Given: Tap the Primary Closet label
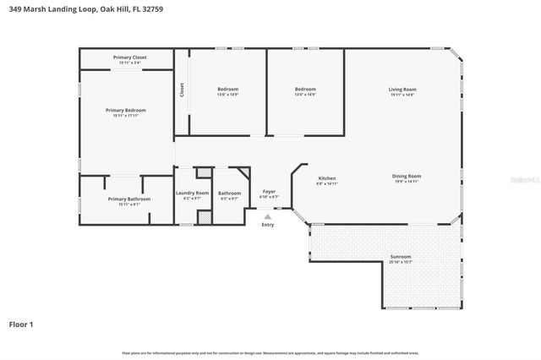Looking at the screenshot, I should click(x=129, y=57).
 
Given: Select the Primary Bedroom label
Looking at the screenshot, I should click(x=126, y=111).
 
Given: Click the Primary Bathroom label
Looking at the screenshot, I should click(x=129, y=199).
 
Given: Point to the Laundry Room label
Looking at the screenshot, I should click(x=192, y=194).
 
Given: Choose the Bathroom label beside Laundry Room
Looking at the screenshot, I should click(x=229, y=194).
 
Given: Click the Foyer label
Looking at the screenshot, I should click(x=269, y=192).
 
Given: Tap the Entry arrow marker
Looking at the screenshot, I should click(x=268, y=216).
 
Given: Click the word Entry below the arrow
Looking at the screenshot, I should click(x=268, y=225).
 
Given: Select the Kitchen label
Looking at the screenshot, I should click(x=327, y=178).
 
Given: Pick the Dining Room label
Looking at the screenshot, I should click(x=407, y=177).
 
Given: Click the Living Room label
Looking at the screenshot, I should click(x=402, y=90).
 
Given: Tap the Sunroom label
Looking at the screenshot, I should click(x=401, y=257).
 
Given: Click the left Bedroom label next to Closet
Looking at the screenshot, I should click(x=228, y=90).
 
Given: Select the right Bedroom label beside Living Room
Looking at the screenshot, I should click(x=305, y=90).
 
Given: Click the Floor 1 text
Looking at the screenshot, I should click(x=21, y=324).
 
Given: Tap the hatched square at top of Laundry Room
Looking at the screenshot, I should click(x=203, y=173).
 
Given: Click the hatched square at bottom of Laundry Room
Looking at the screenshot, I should click(x=203, y=215).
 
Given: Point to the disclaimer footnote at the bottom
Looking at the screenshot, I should click(x=270, y=352).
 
